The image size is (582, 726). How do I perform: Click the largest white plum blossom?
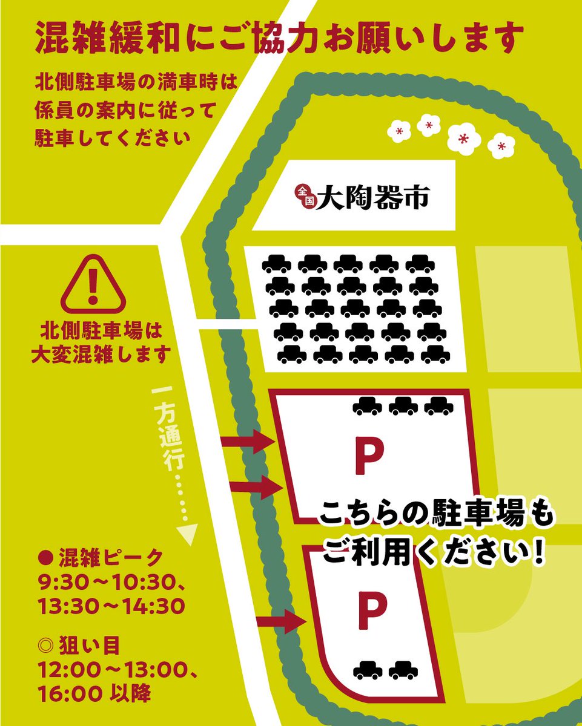point(463,139)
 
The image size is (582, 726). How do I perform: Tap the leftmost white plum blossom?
point(398,131)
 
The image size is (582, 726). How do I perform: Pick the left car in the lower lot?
point(368,670)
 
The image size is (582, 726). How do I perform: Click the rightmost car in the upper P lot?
point(438,406)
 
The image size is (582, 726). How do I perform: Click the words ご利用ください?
point(434,552)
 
